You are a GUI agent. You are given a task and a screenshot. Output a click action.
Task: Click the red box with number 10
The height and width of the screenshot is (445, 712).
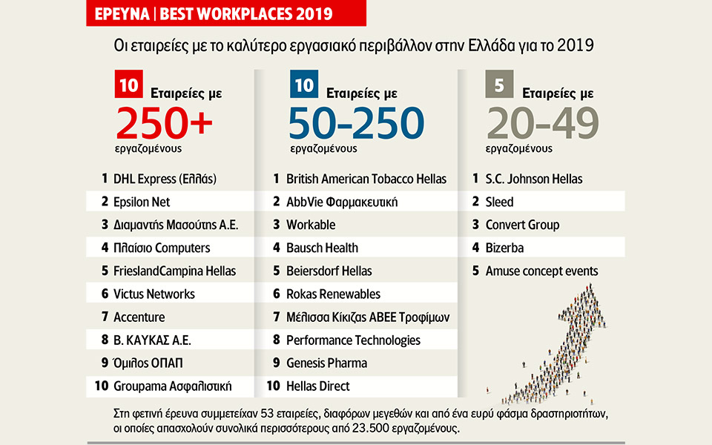128,85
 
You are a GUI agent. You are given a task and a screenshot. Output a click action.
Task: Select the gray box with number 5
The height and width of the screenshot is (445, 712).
499,85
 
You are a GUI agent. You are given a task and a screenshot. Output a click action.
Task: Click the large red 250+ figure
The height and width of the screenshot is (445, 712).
164,122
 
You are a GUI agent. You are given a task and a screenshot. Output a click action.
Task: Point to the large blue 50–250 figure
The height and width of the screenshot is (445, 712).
357,122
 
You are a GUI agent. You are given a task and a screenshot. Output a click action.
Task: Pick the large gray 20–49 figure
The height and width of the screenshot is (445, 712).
542,122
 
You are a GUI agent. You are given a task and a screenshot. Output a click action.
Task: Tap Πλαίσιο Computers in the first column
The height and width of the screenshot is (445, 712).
161,248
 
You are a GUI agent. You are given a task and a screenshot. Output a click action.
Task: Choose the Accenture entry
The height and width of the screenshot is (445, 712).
139,317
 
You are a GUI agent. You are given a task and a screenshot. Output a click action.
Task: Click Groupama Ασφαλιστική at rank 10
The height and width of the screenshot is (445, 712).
172,386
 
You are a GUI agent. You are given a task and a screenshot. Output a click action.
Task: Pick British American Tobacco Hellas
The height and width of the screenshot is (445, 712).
366,179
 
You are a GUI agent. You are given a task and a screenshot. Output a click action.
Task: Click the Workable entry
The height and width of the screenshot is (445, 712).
311,225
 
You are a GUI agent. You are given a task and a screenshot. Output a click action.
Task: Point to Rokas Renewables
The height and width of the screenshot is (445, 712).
333,294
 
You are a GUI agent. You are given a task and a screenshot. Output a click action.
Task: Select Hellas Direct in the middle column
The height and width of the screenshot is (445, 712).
317,386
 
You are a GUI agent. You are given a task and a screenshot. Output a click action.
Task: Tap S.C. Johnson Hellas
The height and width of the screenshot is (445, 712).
533,179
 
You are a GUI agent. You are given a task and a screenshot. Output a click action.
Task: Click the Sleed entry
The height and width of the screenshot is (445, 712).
499,202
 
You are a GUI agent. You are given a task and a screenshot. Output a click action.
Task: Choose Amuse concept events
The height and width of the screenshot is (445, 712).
541,271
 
